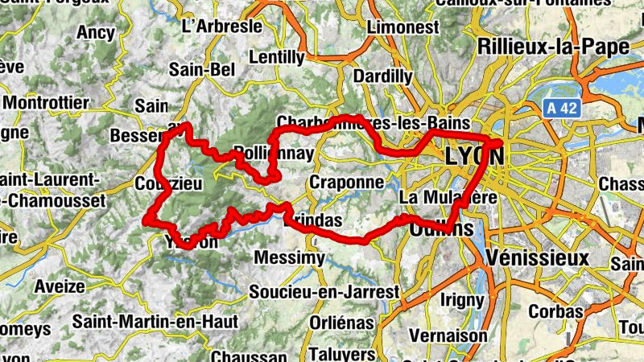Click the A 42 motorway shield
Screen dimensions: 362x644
click(560, 109)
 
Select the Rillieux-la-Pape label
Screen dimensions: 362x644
click(553, 47)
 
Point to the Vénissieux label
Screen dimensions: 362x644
click(539, 257)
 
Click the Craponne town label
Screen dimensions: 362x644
click(346, 183)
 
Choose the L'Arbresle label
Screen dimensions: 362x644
click(223, 26)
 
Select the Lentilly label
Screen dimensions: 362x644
click(277, 58)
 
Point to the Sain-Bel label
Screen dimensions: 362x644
click(200, 70)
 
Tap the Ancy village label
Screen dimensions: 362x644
click(96, 33)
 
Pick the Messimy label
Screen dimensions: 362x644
click(289, 258)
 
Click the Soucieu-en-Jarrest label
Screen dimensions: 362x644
click(324, 290)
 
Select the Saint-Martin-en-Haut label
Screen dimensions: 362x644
click(155, 322)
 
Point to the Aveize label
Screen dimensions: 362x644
click(60, 286)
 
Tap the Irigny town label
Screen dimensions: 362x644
click(460, 300)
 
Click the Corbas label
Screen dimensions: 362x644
click(555, 311)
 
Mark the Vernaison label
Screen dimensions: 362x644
click(448, 335)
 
